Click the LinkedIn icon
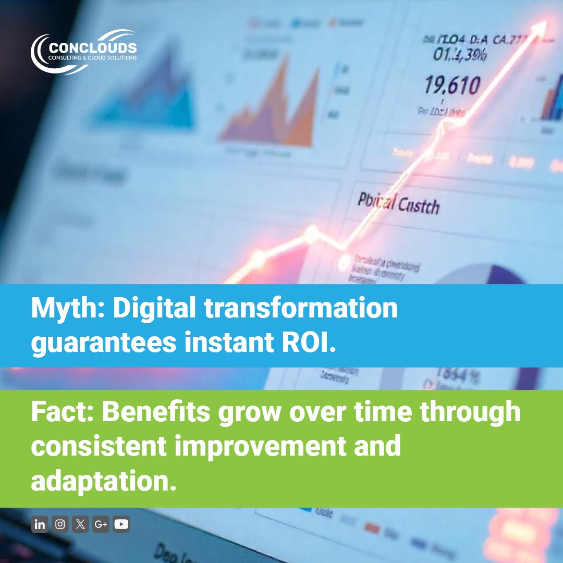point(39,524)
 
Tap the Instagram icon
point(60,524)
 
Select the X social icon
point(80,524)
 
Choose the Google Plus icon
point(101,524)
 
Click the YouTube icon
point(121,524)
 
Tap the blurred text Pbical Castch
point(398,203)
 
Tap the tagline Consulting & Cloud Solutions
point(92,58)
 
